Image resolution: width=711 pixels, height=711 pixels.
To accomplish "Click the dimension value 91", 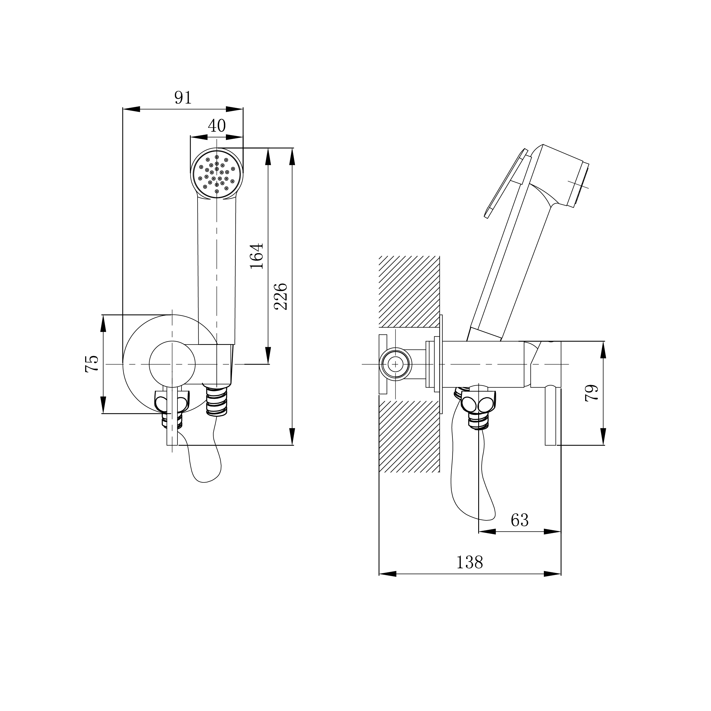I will (183, 97).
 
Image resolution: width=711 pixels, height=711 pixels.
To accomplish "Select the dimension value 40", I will (216, 126).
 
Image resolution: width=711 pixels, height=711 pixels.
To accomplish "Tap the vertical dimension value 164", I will (257, 256).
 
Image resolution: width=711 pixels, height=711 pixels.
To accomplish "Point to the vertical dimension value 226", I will (281, 297).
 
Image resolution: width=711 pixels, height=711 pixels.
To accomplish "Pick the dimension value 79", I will (592, 393).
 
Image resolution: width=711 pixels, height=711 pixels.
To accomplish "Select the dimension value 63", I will (520, 520).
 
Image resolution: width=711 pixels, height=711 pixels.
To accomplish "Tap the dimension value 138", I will (469, 562).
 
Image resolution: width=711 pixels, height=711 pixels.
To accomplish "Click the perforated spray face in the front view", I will (217, 173).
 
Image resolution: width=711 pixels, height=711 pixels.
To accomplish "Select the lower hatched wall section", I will (409, 436).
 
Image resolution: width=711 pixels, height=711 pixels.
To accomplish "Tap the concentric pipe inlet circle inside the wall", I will (396, 364).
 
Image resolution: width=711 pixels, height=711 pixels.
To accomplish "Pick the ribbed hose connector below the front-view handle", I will (216, 401).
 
